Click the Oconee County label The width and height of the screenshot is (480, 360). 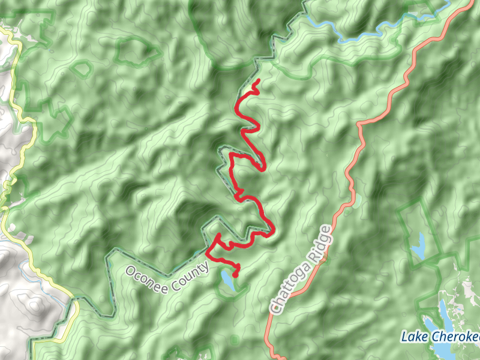pyautogui.click(x=167, y=276)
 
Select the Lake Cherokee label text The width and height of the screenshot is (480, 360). pyautogui.click(x=440, y=337)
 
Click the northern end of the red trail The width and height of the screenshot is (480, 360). pyautogui.click(x=257, y=80)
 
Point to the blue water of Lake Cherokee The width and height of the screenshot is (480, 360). pyautogui.click(x=443, y=312)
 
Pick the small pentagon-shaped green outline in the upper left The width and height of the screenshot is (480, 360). pyautogui.click(x=80, y=68)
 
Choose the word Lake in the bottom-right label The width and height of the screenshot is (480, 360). pyautogui.click(x=413, y=336)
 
